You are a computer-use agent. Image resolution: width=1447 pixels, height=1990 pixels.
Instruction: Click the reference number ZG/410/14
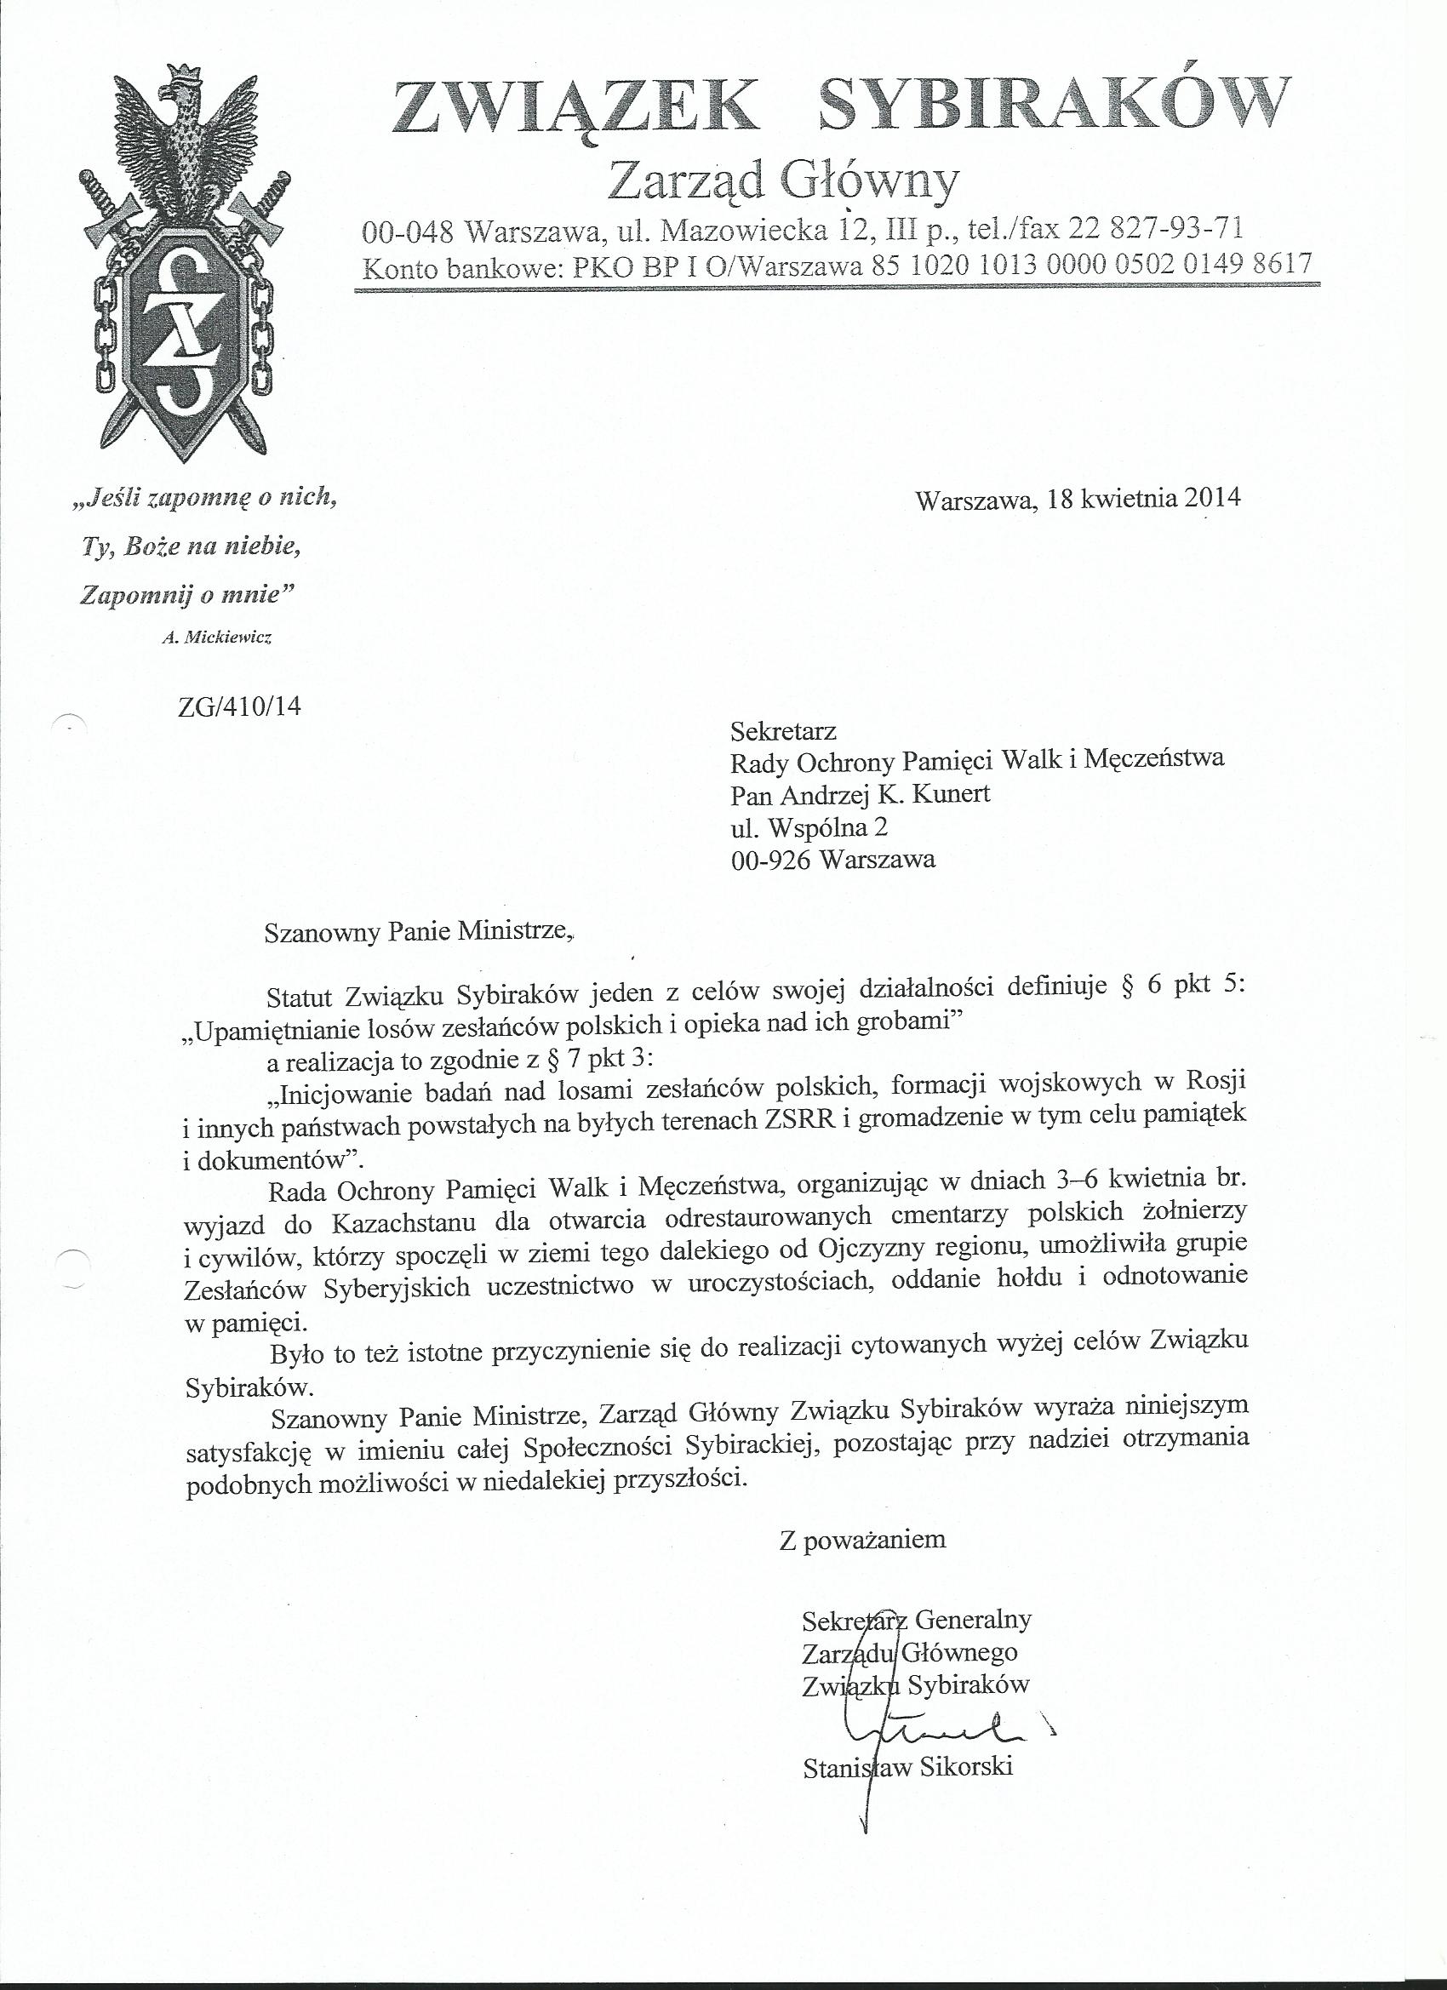point(238,706)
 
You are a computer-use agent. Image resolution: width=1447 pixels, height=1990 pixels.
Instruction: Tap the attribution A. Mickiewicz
point(217,638)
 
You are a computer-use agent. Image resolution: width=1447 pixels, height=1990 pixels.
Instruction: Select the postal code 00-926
point(769,859)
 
